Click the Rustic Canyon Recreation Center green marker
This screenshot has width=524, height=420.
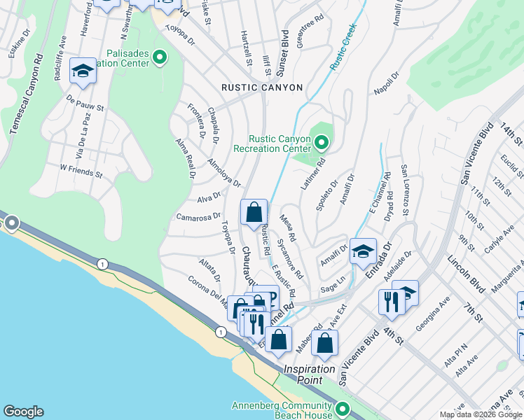coord(322,144)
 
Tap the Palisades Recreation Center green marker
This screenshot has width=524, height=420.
coord(160,57)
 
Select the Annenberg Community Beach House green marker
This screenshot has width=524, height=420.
coord(342,409)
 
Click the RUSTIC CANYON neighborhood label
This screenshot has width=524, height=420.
coord(262,87)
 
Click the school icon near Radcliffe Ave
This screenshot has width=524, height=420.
coord(83,71)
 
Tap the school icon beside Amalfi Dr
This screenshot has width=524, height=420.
coord(363,251)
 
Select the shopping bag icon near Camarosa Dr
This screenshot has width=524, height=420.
coord(254,211)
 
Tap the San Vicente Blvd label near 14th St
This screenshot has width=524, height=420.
coord(474,155)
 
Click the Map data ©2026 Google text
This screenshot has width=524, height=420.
coord(480,414)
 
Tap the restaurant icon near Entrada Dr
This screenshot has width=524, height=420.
coord(390,302)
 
